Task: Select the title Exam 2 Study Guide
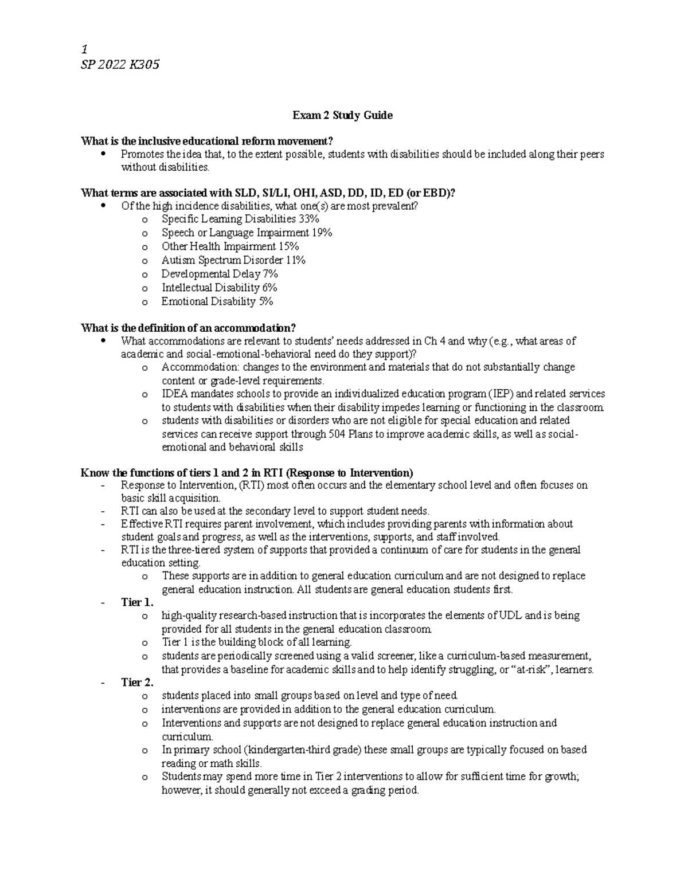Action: [342, 115]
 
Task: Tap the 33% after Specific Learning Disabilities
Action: [309, 219]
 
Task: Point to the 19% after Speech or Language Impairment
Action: [322, 233]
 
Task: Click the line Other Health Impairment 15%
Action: [230, 246]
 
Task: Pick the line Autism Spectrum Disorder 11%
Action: [233, 260]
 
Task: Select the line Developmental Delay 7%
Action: [219, 274]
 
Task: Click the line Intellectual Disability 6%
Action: [219, 288]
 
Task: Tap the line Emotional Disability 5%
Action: [217, 301]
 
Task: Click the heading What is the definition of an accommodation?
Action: [189, 328]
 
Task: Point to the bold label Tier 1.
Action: [137, 602]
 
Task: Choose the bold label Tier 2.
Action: [137, 683]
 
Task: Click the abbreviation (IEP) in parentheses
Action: [503, 394]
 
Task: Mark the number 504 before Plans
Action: [337, 434]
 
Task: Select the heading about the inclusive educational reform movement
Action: [207, 141]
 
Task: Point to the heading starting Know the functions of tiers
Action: [247, 473]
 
